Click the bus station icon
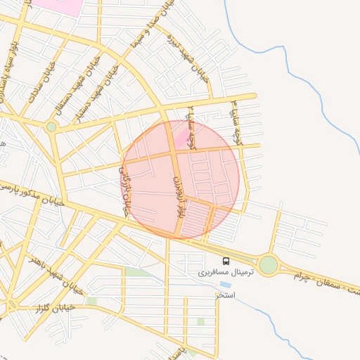tap(225, 262)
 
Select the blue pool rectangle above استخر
tap(225, 285)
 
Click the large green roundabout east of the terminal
tap(268, 265)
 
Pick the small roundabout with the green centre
tap(51, 127)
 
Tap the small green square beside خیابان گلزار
tap(91, 301)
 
